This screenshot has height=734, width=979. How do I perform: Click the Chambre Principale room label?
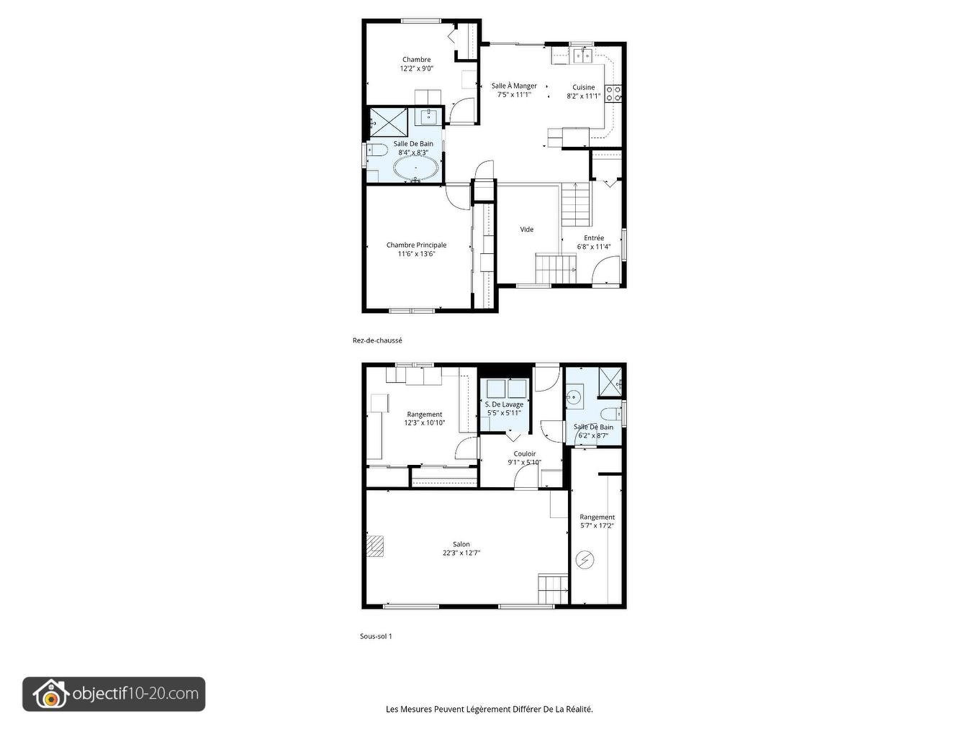pyautogui.click(x=416, y=245)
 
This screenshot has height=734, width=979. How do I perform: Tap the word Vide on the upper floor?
pyautogui.click(x=527, y=230)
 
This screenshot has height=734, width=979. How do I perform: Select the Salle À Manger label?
pyautogui.click(x=514, y=86)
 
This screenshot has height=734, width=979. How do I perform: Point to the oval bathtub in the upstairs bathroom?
pyautogui.click(x=416, y=168)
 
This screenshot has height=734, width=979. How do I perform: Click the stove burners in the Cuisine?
pyautogui.click(x=613, y=94)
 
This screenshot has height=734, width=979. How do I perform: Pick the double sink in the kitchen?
pyautogui.click(x=582, y=54)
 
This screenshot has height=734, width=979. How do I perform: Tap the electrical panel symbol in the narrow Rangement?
pyautogui.click(x=585, y=559)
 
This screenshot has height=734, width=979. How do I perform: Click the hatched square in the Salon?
pyautogui.click(x=374, y=546)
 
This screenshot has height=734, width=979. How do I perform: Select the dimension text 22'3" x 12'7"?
pyautogui.click(x=461, y=553)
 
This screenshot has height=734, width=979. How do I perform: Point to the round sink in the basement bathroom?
pyautogui.click(x=574, y=397)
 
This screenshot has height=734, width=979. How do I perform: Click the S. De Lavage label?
pyautogui.click(x=504, y=404)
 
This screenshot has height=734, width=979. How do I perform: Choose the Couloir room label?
pyautogui.click(x=525, y=454)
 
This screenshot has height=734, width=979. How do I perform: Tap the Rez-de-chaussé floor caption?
pyautogui.click(x=377, y=340)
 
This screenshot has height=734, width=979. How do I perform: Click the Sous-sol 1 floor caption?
pyautogui.click(x=376, y=636)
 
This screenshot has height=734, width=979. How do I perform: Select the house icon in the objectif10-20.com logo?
pyautogui.click(x=50, y=694)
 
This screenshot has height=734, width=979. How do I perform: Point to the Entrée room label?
pyautogui.click(x=594, y=238)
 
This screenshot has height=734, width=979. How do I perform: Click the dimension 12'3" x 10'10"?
pyautogui.click(x=425, y=423)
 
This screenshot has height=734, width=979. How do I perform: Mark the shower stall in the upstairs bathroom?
pyautogui.click(x=389, y=122)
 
